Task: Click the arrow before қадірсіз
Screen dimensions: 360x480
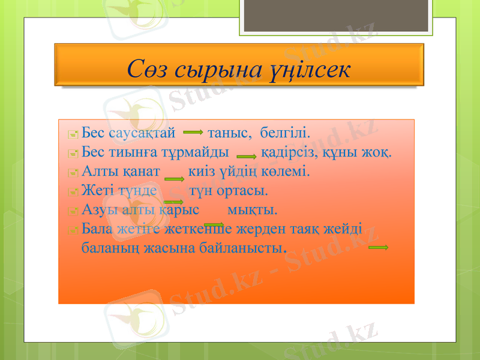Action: pos(247,155)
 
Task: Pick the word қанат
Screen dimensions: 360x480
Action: pos(141,171)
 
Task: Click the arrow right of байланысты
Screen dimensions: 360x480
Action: pos(379,247)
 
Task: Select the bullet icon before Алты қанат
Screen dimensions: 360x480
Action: pos(73,173)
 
